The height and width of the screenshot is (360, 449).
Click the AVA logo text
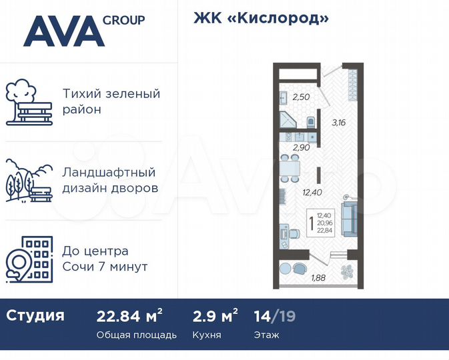pyautogui.click(x=63, y=31)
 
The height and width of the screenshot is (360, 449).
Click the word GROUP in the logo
pyautogui.click(x=123, y=20)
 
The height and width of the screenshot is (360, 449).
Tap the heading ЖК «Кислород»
pyautogui.click(x=261, y=18)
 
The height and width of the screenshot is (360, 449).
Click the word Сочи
pyautogui.click(x=79, y=267)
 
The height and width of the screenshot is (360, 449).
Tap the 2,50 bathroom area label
pyautogui.click(x=301, y=98)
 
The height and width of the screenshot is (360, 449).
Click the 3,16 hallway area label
pyautogui.click(x=339, y=122)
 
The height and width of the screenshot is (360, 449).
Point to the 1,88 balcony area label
pyautogui.click(x=320, y=279)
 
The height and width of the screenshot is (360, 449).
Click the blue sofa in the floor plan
pyautogui.click(x=350, y=218)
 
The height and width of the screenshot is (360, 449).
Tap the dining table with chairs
pyautogui.click(x=289, y=167)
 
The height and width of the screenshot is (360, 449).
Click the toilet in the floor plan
pyautogui.click(x=311, y=122)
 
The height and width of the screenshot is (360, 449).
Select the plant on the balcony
pyautogui.click(x=346, y=271)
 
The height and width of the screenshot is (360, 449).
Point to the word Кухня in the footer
pyautogui.click(x=207, y=335)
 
